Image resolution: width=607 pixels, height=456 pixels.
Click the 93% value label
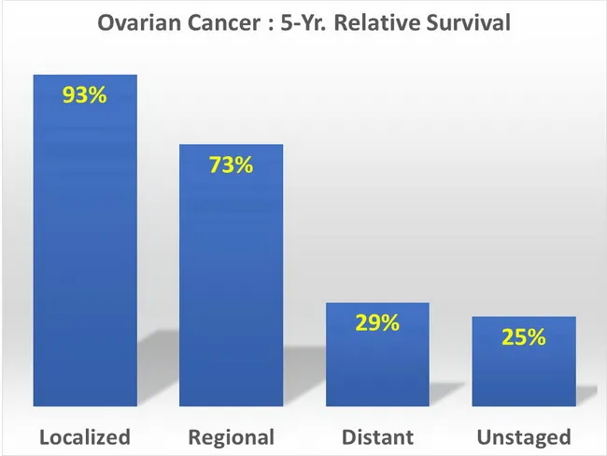point(85,96)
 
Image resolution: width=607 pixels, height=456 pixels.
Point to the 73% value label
point(231,165)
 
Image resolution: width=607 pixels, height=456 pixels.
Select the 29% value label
point(377,323)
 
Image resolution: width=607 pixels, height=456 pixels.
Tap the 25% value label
point(523,337)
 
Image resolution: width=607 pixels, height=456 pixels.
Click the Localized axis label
point(85,436)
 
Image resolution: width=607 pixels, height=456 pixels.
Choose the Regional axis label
point(231,436)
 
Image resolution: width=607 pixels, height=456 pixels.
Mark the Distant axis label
point(377,436)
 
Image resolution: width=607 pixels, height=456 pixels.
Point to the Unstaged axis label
point(523,436)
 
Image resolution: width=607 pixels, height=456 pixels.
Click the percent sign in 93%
point(97,96)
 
